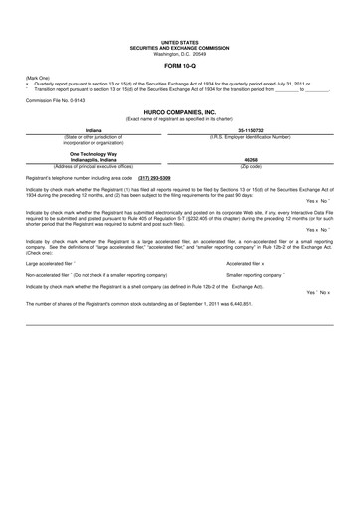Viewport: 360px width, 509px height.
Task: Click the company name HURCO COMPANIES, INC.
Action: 179,113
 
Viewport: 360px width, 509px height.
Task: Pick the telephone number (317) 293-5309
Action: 145,176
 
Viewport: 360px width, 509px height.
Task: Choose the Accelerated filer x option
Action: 251,263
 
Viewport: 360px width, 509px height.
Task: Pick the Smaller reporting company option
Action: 256,274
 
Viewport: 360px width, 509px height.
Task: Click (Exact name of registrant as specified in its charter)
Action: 179,120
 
